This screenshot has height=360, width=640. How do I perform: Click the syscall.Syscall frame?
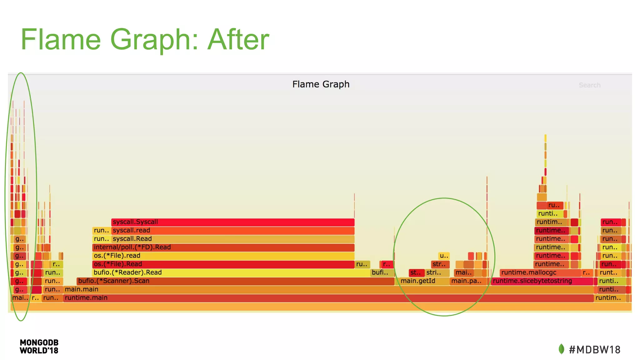pyautogui.click(x=233, y=222)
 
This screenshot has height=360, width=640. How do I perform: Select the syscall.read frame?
pyautogui.click(x=233, y=231)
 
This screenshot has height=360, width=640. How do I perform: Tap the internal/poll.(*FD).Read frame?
pyautogui.click(x=223, y=247)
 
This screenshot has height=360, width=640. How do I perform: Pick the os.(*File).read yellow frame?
pyautogui.click(x=223, y=256)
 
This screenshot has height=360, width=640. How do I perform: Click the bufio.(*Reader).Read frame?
pyautogui.click(x=231, y=273)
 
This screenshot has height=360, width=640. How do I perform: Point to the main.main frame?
pyautogui.click(x=328, y=290)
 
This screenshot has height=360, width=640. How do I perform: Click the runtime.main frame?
pyautogui.click(x=328, y=298)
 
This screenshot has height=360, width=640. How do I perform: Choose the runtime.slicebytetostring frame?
pyautogui.click(x=542, y=281)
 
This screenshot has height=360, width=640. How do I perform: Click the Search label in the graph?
pyautogui.click(x=589, y=85)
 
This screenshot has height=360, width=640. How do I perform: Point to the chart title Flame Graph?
pyautogui.click(x=321, y=84)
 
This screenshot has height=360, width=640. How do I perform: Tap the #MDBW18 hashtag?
pyautogui.click(x=594, y=350)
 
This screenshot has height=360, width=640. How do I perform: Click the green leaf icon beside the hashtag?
pyautogui.click(x=562, y=349)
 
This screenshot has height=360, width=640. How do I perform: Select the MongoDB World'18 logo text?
pyautogui.click(x=39, y=347)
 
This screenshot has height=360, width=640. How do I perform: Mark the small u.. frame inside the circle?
pyautogui.click(x=444, y=256)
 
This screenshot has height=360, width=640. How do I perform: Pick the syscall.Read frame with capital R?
pyautogui.click(x=233, y=239)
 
